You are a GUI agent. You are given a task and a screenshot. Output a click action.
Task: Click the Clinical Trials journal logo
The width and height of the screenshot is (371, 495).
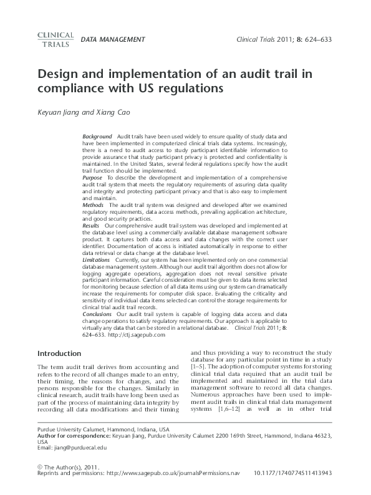[x=55, y=39]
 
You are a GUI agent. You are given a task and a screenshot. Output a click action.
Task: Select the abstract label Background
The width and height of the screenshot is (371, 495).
[x=97, y=136]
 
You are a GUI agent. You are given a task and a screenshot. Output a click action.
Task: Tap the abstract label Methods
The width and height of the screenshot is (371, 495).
[x=94, y=204]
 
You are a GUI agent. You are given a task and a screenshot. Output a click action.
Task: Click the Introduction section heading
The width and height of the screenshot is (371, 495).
[x=59, y=353]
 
